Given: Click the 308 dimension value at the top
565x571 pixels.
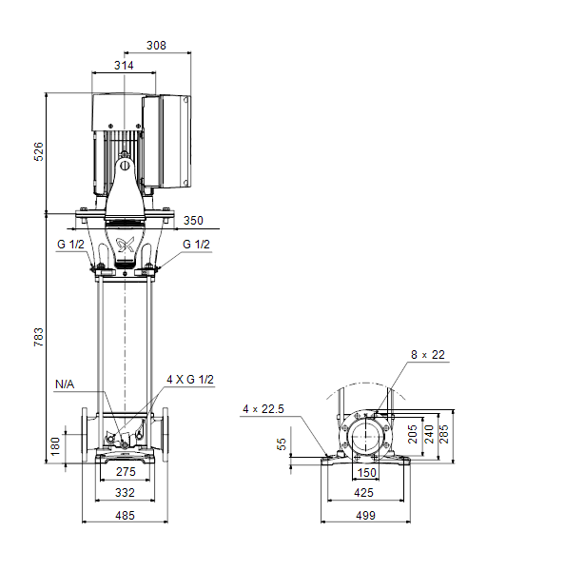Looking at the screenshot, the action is pyautogui.click(x=156, y=45).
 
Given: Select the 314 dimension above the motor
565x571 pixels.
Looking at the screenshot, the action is pyautogui.click(x=124, y=65).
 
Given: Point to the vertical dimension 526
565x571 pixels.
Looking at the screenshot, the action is pyautogui.click(x=38, y=151).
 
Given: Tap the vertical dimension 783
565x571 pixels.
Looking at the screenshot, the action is pyautogui.click(x=38, y=337).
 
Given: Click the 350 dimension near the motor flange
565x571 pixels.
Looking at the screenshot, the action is pyautogui.click(x=193, y=221).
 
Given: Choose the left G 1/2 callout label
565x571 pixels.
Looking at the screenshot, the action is pyautogui.click(x=70, y=244).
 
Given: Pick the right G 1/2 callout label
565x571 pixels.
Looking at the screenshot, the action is pyautogui.click(x=196, y=244).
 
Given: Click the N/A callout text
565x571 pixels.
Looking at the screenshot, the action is pyautogui.click(x=65, y=384).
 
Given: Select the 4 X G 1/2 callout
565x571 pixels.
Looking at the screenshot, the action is pyautogui.click(x=190, y=380).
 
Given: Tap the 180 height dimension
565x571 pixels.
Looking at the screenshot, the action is pyautogui.click(x=54, y=446).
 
